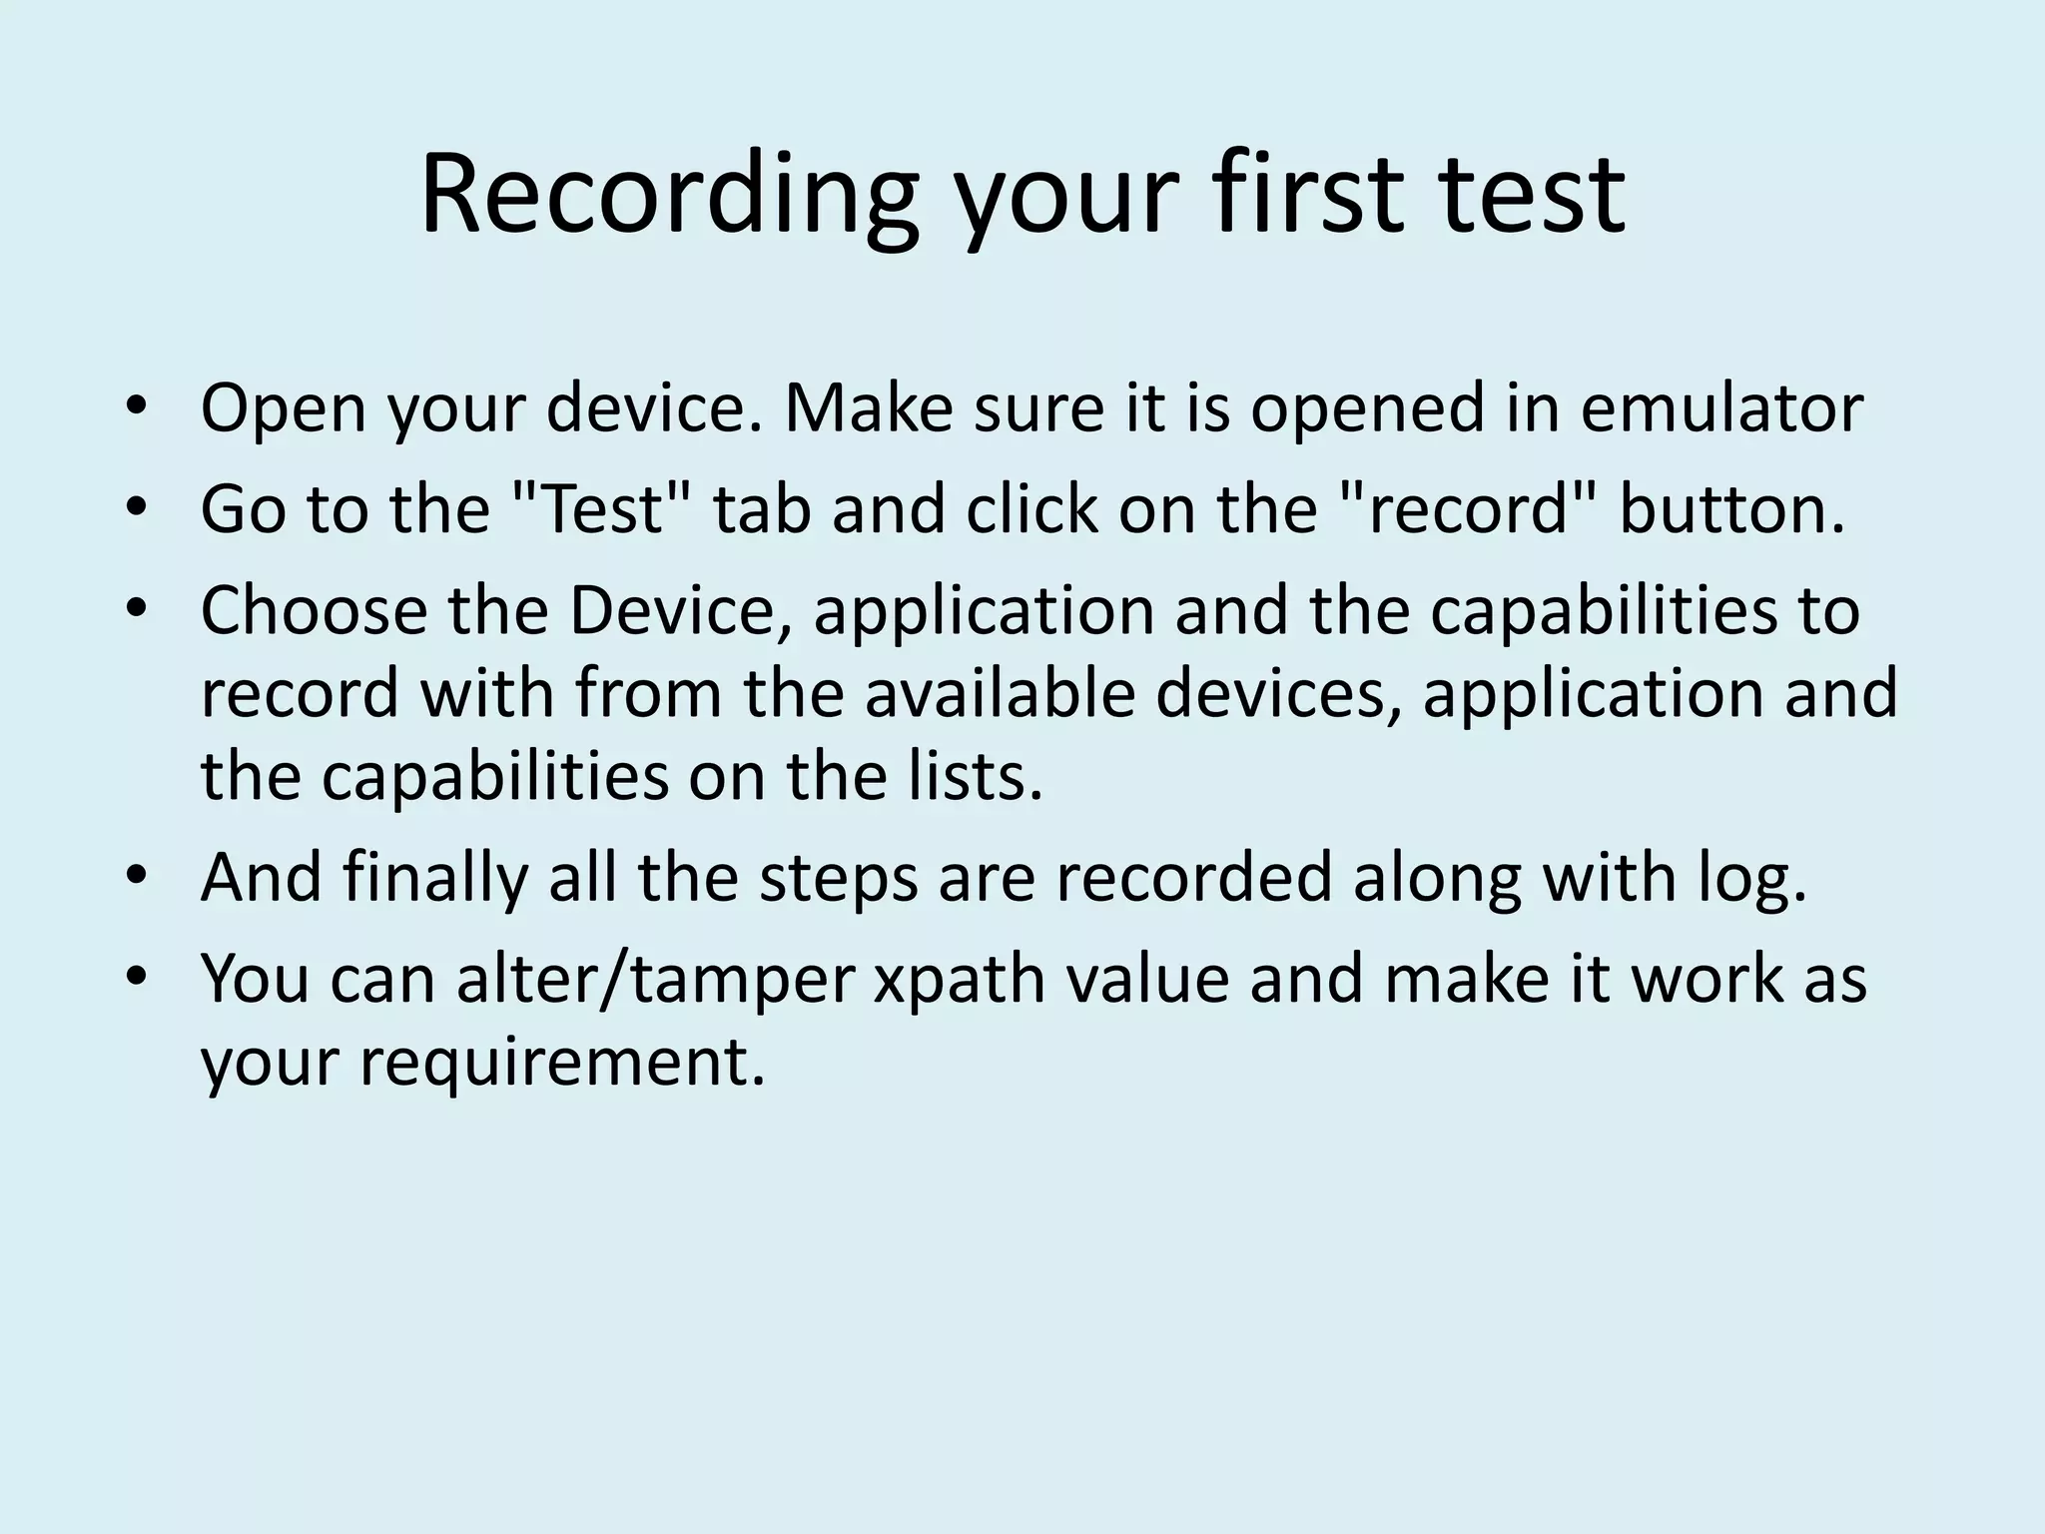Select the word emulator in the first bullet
tap(1721, 408)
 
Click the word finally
tap(433, 878)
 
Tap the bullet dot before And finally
tap(137, 876)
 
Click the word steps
tap(838, 878)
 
